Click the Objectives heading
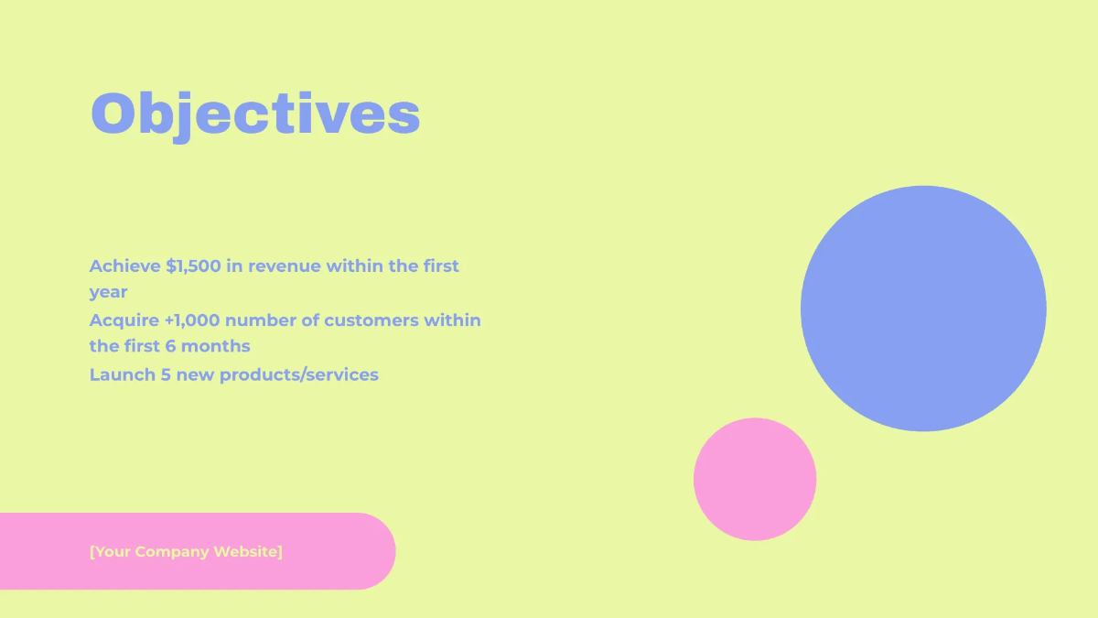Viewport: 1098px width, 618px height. [x=255, y=114]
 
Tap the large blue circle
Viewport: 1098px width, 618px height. [x=923, y=309]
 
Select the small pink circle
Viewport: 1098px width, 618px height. [x=755, y=479]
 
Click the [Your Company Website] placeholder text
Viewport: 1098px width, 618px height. [x=186, y=551]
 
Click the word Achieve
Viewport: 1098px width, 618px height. [x=124, y=266]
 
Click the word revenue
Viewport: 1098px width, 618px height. [x=285, y=266]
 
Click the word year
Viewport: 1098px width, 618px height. [x=108, y=293]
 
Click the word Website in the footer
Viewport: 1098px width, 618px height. [x=247, y=551]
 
